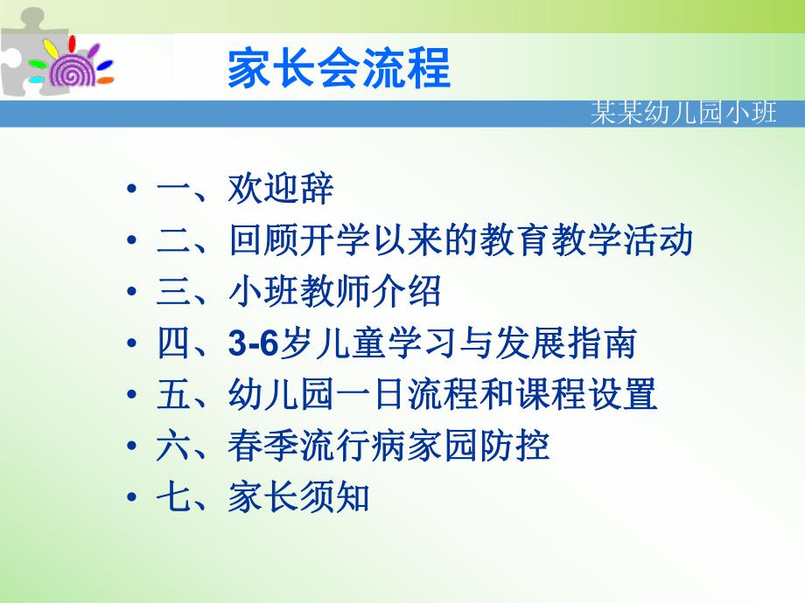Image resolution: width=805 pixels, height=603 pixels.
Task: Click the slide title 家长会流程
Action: pos(339,69)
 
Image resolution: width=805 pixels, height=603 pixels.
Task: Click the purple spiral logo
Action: pos(70,66)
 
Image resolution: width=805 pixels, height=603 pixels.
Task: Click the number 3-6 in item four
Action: pos(253,344)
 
